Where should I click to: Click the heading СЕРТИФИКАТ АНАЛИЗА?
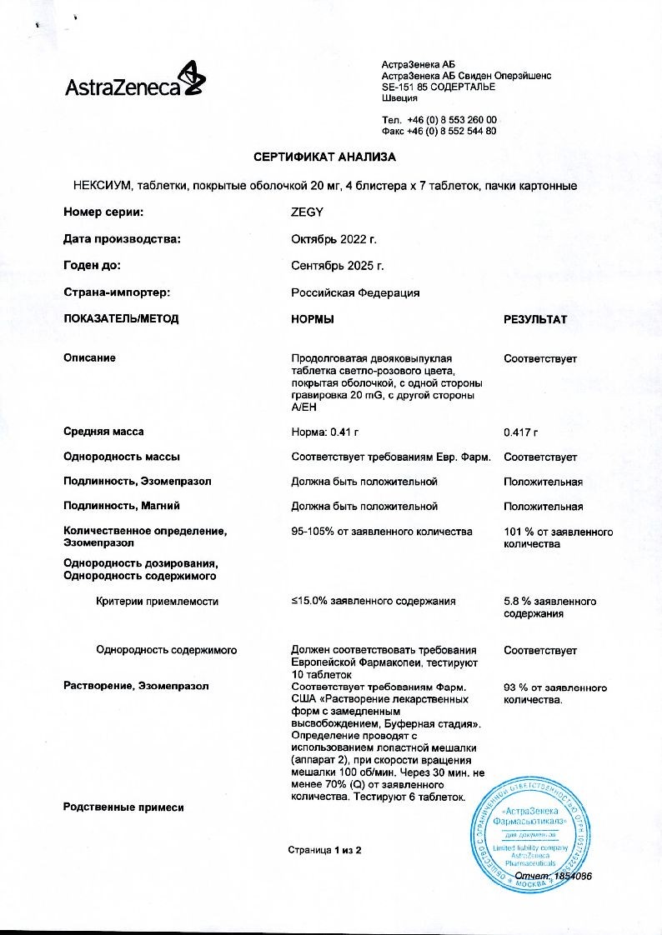(x=324, y=157)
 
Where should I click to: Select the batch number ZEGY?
(x=307, y=212)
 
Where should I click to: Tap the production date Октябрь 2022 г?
(x=334, y=239)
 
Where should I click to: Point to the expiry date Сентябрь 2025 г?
(x=337, y=266)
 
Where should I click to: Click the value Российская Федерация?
(x=354, y=292)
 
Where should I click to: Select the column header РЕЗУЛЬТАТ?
(x=535, y=319)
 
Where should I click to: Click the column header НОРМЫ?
(x=313, y=319)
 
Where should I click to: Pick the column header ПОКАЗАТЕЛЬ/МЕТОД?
(x=121, y=319)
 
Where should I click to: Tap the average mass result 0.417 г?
(x=521, y=432)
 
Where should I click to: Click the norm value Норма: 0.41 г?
(x=329, y=432)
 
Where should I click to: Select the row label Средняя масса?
(x=103, y=432)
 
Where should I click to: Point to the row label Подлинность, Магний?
(x=122, y=506)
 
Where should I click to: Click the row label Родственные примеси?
(x=123, y=807)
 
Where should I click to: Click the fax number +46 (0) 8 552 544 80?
(x=451, y=131)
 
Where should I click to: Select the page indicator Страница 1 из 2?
(x=324, y=850)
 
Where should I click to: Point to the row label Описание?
(x=90, y=358)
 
